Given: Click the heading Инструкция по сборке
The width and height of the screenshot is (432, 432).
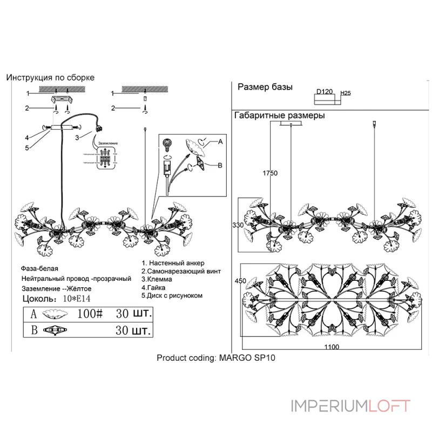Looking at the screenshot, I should coord(50,78).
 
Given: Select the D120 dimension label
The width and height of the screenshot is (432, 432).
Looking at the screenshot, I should coord(324,92).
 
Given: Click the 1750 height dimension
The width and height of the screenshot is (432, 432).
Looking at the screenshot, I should coord(270,173).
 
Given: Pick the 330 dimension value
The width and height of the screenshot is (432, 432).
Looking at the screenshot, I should coord(238,225).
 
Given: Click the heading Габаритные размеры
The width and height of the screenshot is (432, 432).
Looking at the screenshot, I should coord(279,116).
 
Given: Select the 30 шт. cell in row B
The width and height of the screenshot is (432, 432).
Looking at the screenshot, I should coord(133,330).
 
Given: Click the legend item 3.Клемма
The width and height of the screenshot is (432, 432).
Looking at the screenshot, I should coord(157,280).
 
